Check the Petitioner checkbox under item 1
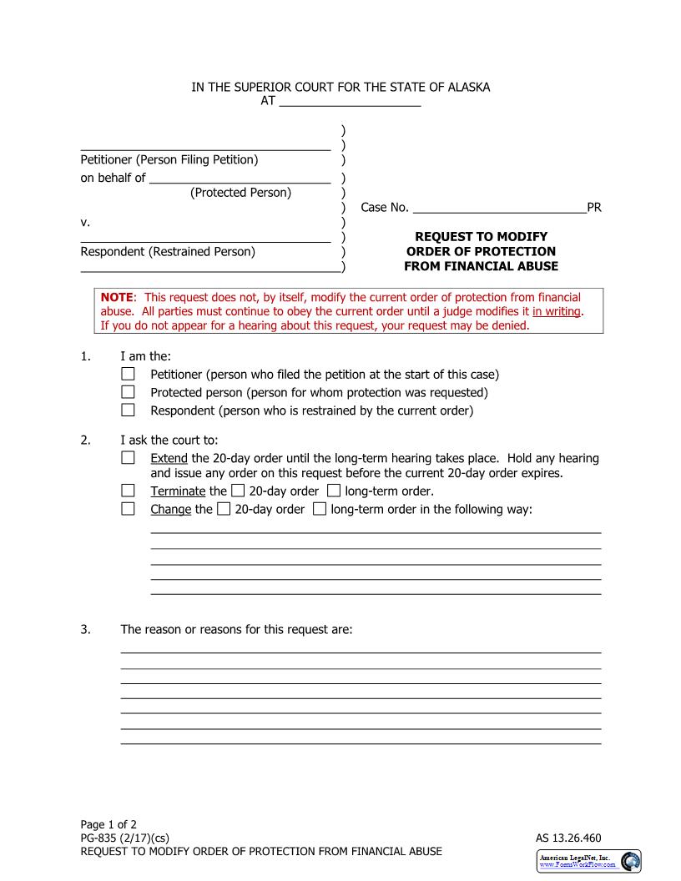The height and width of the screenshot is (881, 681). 128,374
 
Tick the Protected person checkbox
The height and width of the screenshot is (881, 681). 128,392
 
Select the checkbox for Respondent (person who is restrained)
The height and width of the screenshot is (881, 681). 128,410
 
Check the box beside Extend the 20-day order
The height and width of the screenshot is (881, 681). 128,458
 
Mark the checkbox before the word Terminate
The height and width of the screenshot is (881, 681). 128,491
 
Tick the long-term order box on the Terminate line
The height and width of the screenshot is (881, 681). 334,491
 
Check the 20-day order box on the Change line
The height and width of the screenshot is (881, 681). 223,509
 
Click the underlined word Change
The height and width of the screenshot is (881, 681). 170,509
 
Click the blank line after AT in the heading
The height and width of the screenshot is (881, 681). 350,103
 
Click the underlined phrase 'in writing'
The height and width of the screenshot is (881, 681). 557,311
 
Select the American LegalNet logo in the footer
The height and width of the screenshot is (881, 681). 588,861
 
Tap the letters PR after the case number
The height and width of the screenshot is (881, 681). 594,208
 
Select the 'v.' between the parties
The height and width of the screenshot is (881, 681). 84,223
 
